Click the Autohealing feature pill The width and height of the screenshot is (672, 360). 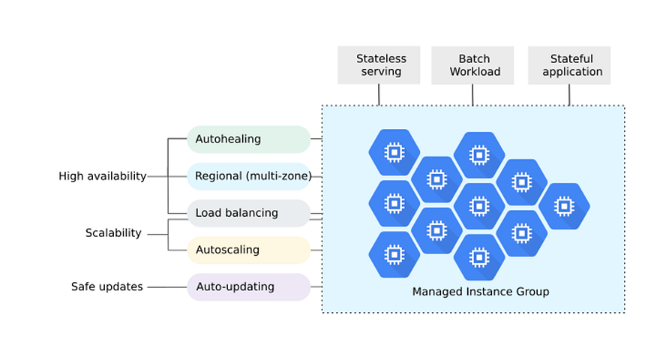click(248, 139)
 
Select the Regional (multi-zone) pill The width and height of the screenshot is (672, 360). click(248, 176)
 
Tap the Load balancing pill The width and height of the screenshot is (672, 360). click(248, 213)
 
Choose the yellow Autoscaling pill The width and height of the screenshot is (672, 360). click(248, 250)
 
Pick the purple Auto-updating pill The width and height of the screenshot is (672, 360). click(248, 286)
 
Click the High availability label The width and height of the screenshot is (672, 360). click(103, 176)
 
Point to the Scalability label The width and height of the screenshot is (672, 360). click(113, 232)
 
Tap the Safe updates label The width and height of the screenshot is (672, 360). click(107, 286)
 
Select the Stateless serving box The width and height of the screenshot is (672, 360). click(379, 65)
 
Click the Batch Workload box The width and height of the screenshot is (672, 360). click(472, 65)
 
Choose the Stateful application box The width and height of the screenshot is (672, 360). click(569, 65)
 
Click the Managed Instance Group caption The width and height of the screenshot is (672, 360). click(481, 292)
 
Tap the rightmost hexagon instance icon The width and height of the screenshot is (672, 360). click(564, 206)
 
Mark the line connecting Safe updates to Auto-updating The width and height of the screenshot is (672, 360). click(167, 286)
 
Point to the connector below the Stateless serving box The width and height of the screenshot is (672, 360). click(379, 94)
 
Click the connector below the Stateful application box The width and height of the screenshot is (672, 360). click(569, 94)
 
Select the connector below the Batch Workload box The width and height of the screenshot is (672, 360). click(472, 94)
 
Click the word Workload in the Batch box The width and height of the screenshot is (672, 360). click(475, 71)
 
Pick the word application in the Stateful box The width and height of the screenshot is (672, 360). click(572, 72)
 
